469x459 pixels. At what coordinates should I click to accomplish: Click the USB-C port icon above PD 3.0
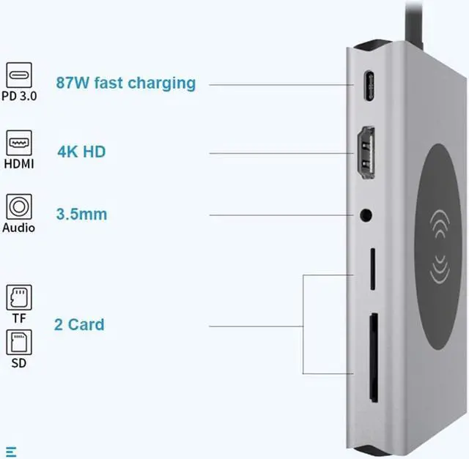pos(20,75)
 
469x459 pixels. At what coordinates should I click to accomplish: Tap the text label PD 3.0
pos(20,97)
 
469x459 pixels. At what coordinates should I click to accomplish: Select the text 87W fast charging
pos(126,82)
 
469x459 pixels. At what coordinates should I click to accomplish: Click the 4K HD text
pos(81,152)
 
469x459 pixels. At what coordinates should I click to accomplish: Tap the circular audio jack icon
pos(19,206)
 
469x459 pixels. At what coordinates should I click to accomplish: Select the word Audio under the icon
pos(19,228)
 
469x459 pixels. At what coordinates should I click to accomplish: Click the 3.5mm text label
pos(81,214)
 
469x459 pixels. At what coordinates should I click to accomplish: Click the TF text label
pos(19,319)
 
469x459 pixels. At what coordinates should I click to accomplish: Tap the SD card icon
pos(19,342)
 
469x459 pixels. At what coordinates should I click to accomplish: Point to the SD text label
pos(19,363)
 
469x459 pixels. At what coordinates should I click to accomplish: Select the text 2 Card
pos(79,324)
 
